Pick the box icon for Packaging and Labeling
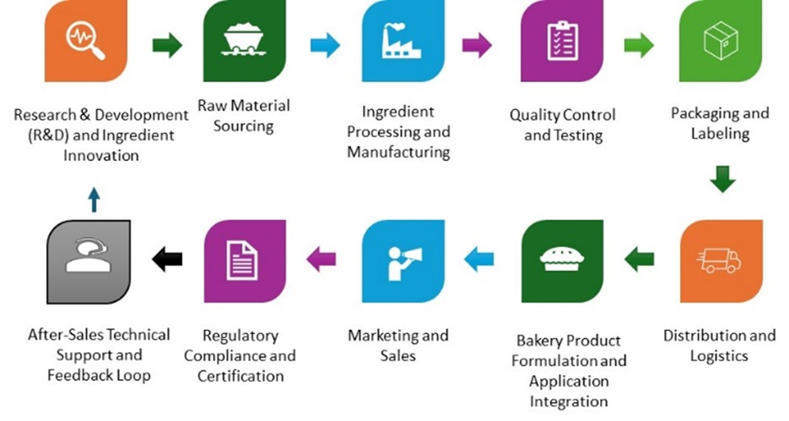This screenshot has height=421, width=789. point(720,39)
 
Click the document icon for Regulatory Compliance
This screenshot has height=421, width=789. point(244,260)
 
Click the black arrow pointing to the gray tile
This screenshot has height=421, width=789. point(166,258)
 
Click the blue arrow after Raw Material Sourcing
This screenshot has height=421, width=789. point(324,45)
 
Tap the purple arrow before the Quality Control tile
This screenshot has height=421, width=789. point(477,45)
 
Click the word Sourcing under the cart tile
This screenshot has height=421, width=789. point(244,126)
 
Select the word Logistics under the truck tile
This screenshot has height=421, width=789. point(719,355)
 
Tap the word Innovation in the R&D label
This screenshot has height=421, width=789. point(101,155)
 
